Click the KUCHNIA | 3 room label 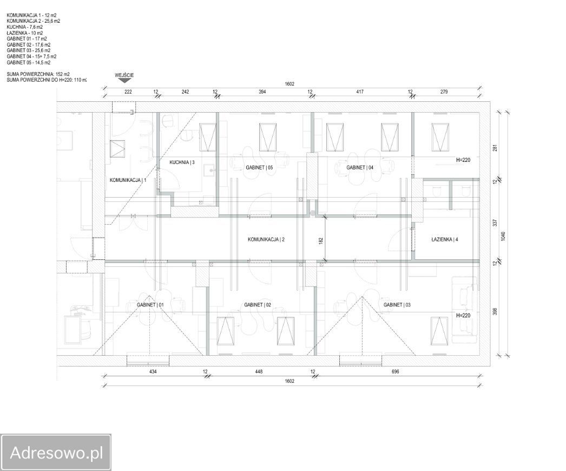coord(182,162)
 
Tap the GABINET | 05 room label coord(259,168)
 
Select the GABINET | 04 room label coord(360,168)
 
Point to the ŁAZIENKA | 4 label coord(445,239)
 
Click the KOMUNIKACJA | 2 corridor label coord(266,239)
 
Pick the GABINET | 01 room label coord(150,305)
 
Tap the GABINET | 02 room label coord(258,305)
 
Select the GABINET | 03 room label coord(397,305)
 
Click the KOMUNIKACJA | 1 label coord(128,180)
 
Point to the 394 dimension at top coord(262,91)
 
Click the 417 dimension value coord(360,91)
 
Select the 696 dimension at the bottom coord(395,371)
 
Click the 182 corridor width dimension coord(321,240)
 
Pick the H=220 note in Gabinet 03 coord(463,315)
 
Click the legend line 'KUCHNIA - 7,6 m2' coord(24,27)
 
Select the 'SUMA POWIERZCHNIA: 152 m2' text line coord(38,74)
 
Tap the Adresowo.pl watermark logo coord(56,453)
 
